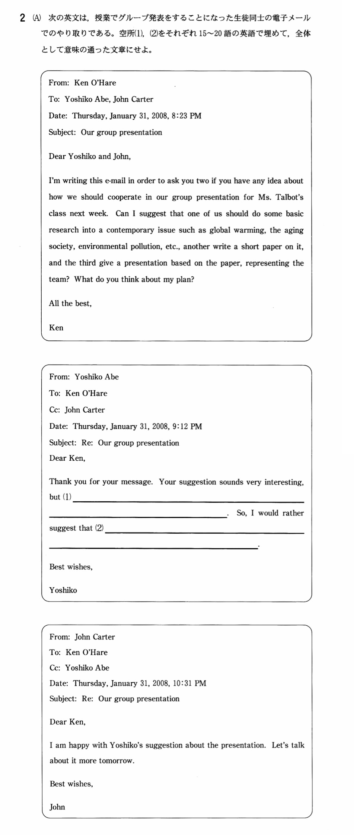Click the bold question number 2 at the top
(x=23, y=18)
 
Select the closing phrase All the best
(x=70, y=304)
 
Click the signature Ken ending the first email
(x=56, y=328)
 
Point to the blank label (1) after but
(x=67, y=497)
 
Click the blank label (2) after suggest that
(x=99, y=528)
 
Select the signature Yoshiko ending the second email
(x=63, y=590)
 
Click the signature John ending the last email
(x=57, y=807)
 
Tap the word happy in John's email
(x=79, y=745)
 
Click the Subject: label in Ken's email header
(x=62, y=133)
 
